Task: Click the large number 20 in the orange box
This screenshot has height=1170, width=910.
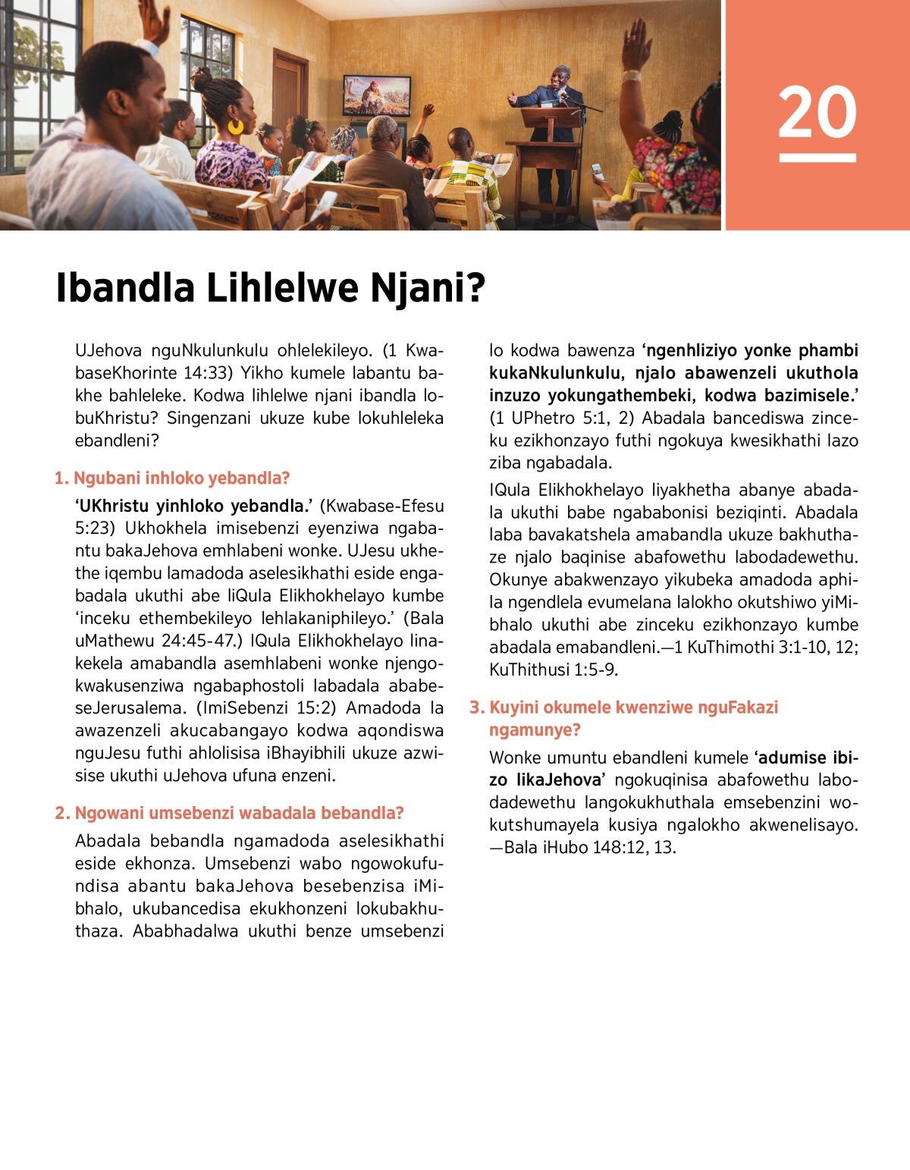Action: tap(817, 112)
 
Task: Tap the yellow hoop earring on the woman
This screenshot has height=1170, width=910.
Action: tap(236, 126)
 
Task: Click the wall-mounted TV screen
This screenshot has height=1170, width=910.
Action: tap(377, 95)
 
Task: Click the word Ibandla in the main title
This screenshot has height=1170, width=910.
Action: tap(125, 288)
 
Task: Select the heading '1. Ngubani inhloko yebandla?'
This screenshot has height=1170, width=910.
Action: tap(172, 478)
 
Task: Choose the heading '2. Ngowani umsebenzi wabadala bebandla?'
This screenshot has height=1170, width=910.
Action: tap(229, 814)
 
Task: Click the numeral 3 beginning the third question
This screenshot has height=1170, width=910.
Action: tap(475, 707)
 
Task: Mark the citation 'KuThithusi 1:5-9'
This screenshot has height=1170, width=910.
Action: tap(553, 670)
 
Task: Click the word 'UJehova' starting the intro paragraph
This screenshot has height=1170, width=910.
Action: tap(108, 350)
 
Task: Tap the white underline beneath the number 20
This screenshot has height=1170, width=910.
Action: tap(817, 158)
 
